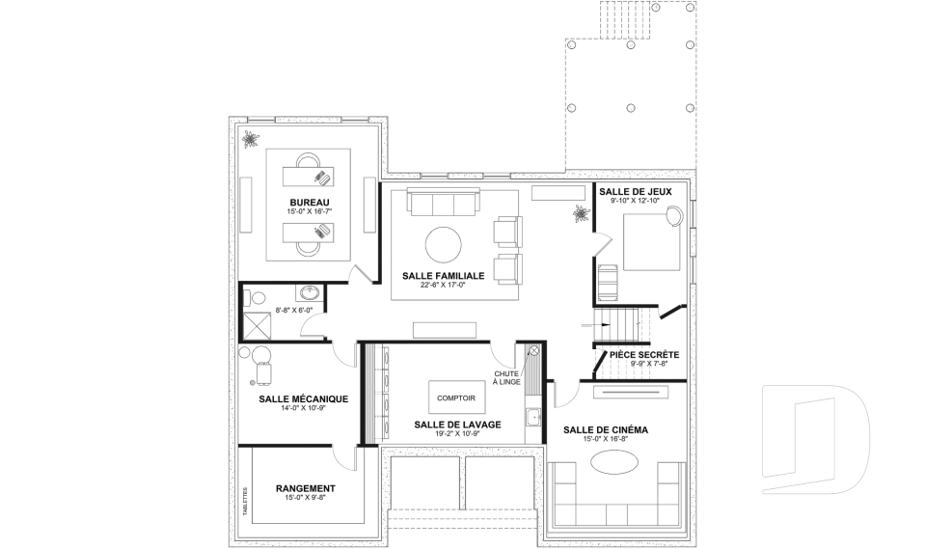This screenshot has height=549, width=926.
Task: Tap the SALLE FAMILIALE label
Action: pyautogui.click(x=443, y=276)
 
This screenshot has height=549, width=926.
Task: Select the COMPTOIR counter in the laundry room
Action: pyautogui.click(x=456, y=398)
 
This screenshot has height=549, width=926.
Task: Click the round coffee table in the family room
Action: pyautogui.click(x=444, y=245)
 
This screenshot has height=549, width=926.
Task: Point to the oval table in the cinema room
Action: pyautogui.click(x=614, y=461)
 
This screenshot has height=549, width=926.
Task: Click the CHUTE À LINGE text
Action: pyautogui.click(x=507, y=378)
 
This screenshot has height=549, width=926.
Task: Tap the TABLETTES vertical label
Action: pyautogui.click(x=245, y=502)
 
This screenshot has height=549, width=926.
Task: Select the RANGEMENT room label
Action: pyautogui.click(x=306, y=489)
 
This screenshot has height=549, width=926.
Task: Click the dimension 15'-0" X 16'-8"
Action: pyautogui.click(x=606, y=439)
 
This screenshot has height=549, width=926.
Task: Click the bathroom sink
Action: pyautogui.click(x=310, y=292)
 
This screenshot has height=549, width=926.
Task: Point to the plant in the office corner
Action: pyautogui.click(x=251, y=140)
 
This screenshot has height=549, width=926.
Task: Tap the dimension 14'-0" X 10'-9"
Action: pyautogui.click(x=304, y=408)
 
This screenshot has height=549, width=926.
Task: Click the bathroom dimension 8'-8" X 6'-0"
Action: pyautogui.click(x=293, y=311)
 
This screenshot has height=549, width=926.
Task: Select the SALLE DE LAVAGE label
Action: pyautogui.click(x=457, y=425)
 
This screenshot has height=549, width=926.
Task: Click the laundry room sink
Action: pyautogui.click(x=533, y=417)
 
